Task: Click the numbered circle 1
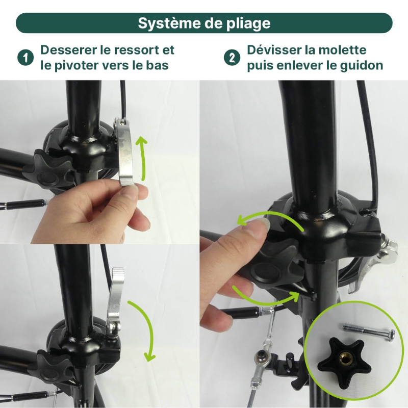coord(25,58)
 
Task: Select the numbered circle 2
coord(232,58)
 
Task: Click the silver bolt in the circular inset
coord(369,330)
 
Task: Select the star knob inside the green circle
coord(341,361)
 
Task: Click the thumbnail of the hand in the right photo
coord(261,223)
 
